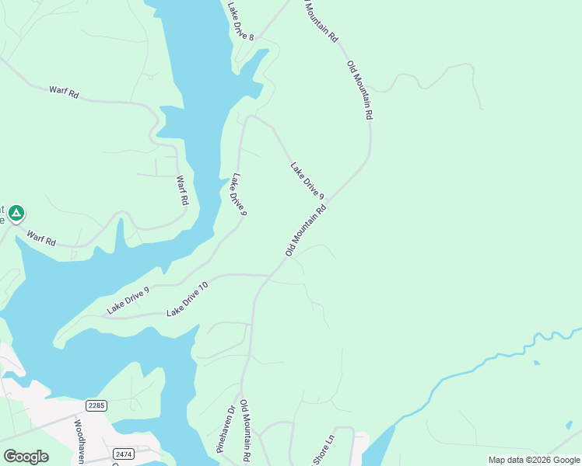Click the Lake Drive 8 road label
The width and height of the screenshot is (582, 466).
click(241, 21)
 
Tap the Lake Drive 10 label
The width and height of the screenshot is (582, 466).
click(188, 299)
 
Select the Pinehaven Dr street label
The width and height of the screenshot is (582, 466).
click(226, 429)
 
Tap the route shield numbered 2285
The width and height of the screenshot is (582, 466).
click(96, 405)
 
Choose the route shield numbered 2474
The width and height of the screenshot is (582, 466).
click(123, 454)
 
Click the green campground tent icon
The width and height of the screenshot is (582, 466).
click(17, 212)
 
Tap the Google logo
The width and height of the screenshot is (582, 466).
click(26, 456)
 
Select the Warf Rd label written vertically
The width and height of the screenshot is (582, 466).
click(182, 190)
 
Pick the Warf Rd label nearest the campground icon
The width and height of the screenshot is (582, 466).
click(41, 238)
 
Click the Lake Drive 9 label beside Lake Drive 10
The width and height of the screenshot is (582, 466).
click(128, 301)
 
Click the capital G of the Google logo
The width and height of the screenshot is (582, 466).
click(9, 456)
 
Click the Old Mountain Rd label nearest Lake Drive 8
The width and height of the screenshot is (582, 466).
click(321, 21)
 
